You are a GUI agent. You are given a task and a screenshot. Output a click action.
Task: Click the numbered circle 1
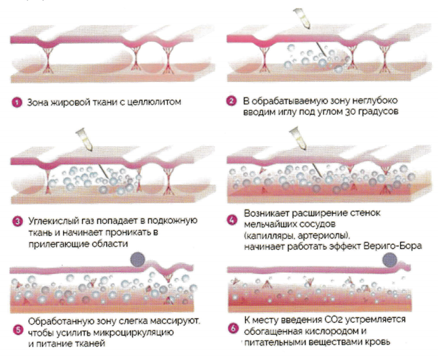17,102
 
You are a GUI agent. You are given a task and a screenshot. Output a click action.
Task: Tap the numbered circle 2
231,101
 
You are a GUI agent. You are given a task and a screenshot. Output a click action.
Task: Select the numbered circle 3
18,222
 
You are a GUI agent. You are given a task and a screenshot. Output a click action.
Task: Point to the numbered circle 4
232,219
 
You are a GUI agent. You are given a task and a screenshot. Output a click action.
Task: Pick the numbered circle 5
18,330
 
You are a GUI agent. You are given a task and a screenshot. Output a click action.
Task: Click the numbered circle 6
233,328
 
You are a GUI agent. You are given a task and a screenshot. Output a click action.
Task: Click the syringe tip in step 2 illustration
309,28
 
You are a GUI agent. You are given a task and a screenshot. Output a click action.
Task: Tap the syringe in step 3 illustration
85,139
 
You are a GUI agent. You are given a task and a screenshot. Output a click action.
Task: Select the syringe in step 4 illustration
299,138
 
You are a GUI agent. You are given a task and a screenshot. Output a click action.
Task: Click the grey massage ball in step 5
137,259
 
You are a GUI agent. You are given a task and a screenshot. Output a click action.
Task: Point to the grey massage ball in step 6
390,259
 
